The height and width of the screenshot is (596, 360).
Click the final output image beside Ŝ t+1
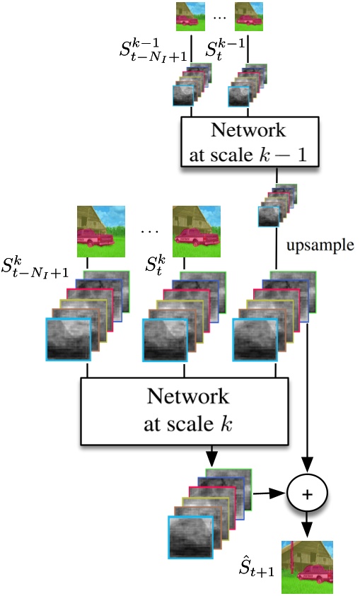(308, 566)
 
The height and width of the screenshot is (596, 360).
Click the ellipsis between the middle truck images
(151, 230)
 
